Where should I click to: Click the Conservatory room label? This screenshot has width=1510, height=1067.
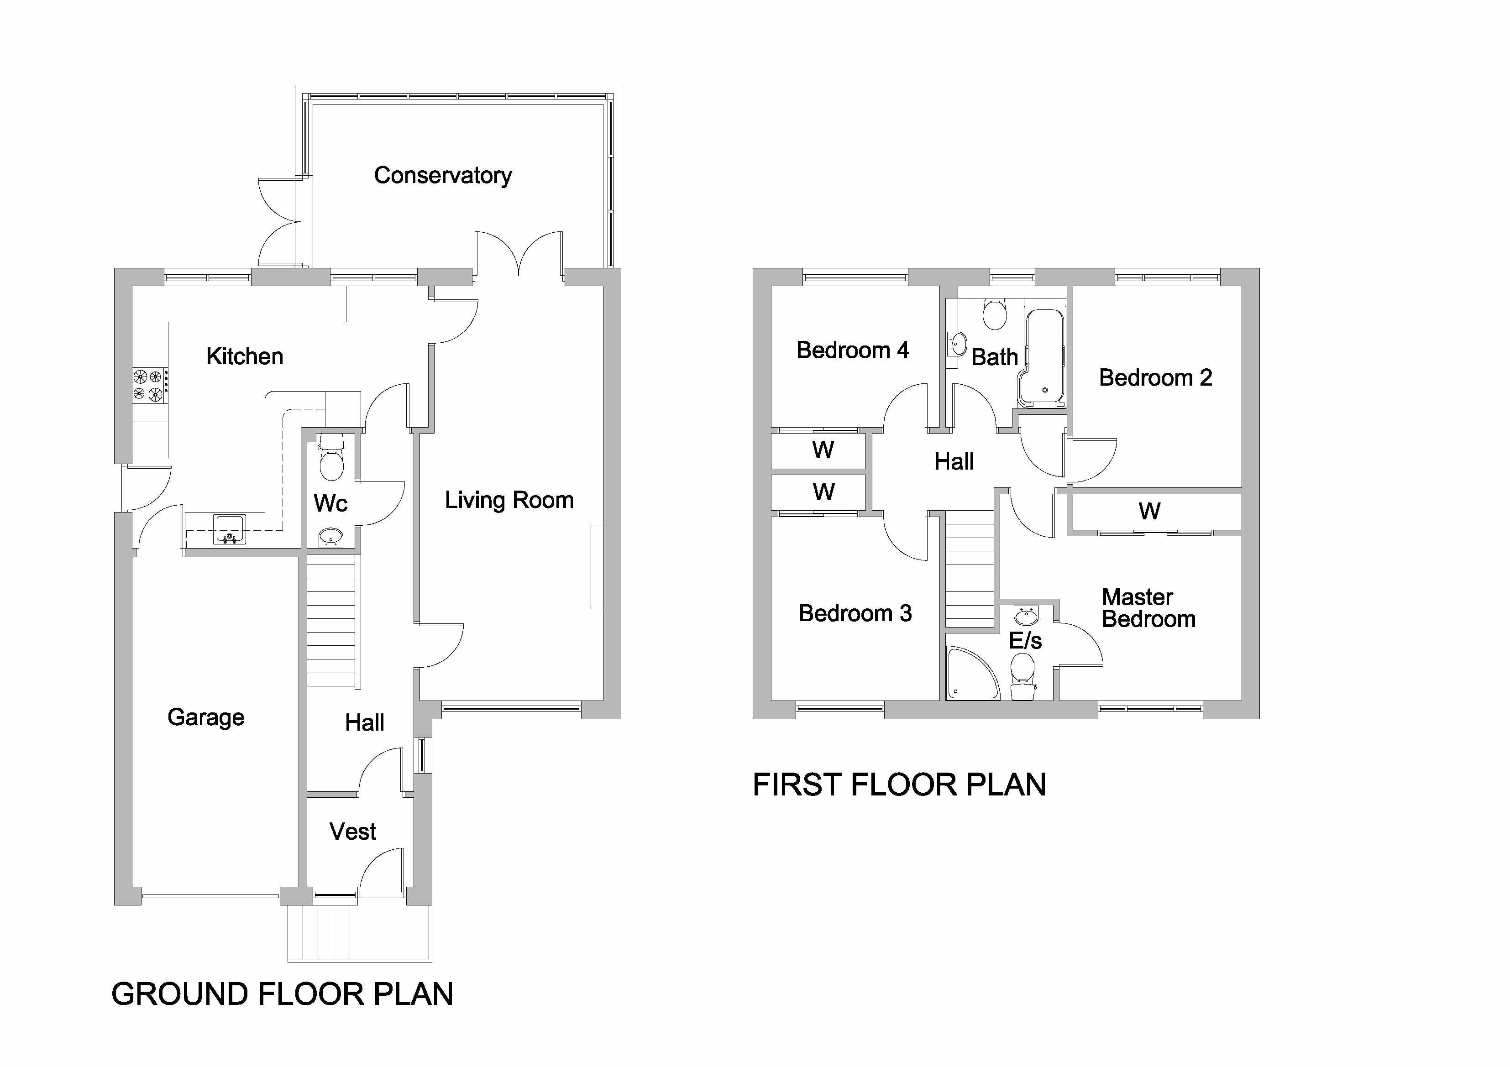(443, 176)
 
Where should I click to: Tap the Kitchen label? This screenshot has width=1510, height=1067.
(245, 356)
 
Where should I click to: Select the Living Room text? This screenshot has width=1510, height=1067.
(509, 500)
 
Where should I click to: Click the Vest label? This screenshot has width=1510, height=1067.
(352, 832)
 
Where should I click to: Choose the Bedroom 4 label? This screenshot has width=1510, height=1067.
(852, 350)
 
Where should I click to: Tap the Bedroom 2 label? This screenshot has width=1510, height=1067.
(1155, 378)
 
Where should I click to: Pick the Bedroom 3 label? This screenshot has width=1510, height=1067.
(855, 613)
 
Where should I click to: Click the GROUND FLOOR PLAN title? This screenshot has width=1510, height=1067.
(282, 994)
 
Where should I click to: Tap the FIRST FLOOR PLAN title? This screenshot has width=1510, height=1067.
(899, 785)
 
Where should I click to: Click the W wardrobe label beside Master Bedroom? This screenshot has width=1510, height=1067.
(1149, 511)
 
